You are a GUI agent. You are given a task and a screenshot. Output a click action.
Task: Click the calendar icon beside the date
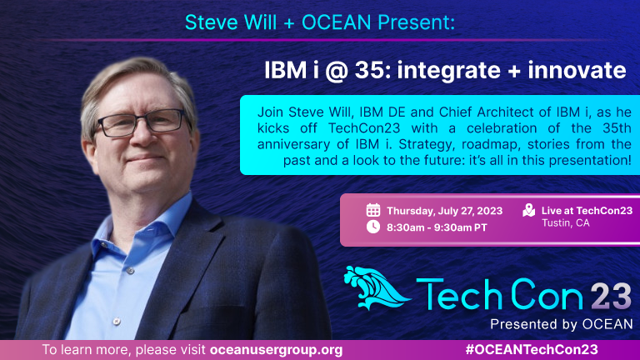pos(373,210)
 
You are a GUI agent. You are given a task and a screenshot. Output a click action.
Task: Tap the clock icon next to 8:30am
pos(373,227)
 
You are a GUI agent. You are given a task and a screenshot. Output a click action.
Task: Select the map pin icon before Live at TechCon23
pos(529,210)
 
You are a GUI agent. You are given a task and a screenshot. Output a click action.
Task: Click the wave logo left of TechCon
pos(376,287)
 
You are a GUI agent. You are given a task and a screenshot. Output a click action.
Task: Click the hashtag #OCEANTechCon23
pos(532,350)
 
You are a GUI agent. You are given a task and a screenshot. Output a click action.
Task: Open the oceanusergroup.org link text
pos(277,350)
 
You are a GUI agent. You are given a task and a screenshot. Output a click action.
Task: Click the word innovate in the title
pos(577,70)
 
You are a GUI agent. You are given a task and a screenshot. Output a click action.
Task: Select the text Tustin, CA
pos(565,222)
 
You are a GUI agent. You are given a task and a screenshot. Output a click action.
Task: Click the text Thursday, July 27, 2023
pos(444,211)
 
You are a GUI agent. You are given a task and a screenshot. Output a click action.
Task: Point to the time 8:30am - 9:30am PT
pos(437,227)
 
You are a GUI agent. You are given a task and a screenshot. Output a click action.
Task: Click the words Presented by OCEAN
pos(561,324)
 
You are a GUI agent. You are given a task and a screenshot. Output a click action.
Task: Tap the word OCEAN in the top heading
pos(336,22)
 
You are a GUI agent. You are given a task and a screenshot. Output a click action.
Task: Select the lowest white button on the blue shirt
pos(117,321)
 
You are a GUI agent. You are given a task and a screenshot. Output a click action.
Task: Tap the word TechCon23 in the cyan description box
pos(364,128)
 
